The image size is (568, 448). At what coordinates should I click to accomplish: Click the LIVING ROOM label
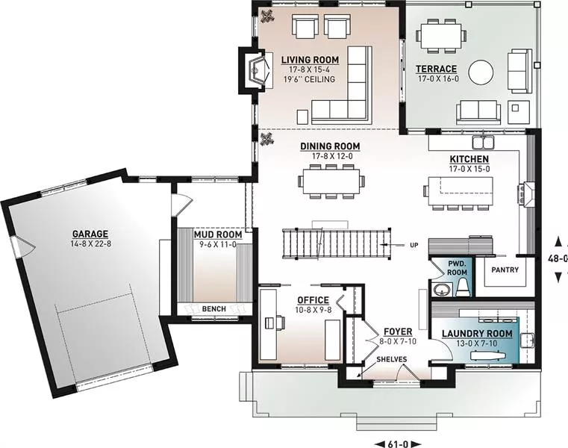310,60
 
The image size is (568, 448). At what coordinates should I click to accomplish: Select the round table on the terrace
481,72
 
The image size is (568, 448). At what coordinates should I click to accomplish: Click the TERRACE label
436,69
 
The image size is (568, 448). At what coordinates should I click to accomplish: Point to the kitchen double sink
483,141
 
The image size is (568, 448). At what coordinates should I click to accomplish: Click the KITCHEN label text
469,159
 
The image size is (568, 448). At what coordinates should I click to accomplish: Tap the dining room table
331,181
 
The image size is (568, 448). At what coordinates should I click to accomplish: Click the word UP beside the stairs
413,245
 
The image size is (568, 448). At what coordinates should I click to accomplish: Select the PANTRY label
505,270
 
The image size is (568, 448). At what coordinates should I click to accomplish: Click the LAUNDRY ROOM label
477,334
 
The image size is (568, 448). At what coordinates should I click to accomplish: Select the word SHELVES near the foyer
392,360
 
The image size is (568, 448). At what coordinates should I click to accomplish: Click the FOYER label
398,332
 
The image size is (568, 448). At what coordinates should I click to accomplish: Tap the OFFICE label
313,300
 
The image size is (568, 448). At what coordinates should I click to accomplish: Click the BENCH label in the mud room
214,309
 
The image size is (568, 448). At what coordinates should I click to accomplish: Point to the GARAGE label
90,234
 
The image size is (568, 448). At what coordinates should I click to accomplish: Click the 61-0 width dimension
398,444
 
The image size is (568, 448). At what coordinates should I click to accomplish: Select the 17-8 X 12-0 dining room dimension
332,156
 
